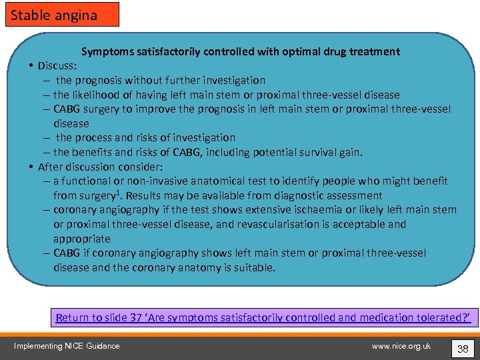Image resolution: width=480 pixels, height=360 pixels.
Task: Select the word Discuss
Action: point(57,66)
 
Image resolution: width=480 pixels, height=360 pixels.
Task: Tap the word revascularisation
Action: point(251,224)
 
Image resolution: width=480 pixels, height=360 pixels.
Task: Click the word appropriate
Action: point(82,239)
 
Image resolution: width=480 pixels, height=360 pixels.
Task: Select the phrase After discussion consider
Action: point(100,167)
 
